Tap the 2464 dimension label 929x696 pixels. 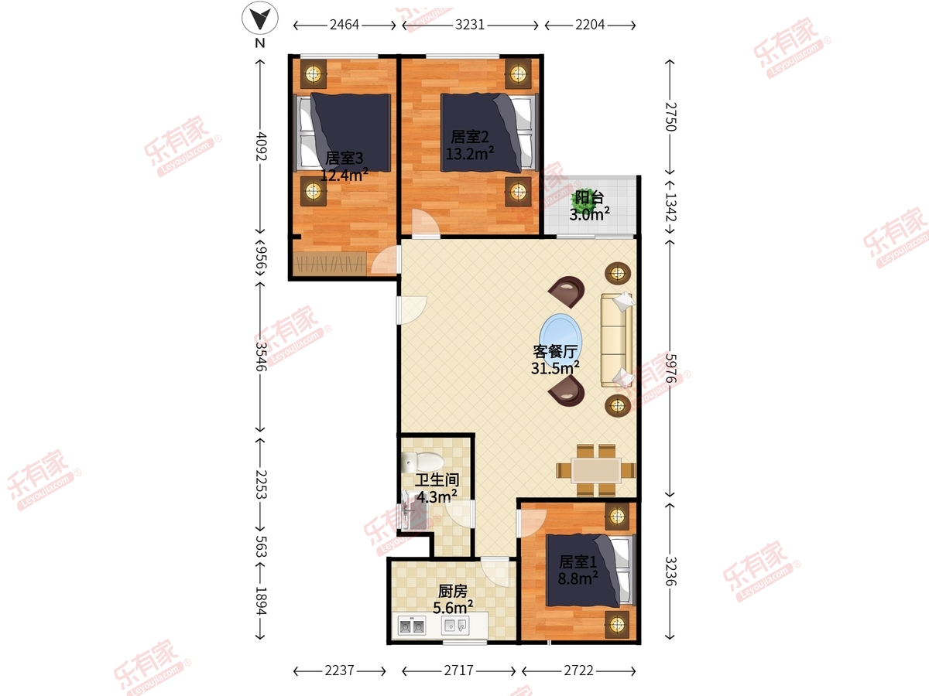click(344, 25)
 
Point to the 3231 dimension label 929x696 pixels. click(470, 25)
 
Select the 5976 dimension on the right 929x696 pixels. click(670, 368)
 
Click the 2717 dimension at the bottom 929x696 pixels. click(458, 670)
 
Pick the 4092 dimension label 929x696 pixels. click(261, 146)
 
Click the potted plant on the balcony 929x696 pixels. click(583, 197)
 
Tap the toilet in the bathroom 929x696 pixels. click(422, 462)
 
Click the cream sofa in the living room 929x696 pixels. click(617, 340)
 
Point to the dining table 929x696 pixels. click(596, 470)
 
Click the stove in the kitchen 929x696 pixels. click(411, 626)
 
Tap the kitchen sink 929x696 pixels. click(455, 626)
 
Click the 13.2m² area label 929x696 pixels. click(470, 153)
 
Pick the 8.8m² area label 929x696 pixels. click(578, 578)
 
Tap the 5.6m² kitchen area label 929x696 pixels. click(453, 608)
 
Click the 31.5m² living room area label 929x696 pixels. click(555, 368)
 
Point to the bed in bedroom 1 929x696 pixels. click(591, 570)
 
